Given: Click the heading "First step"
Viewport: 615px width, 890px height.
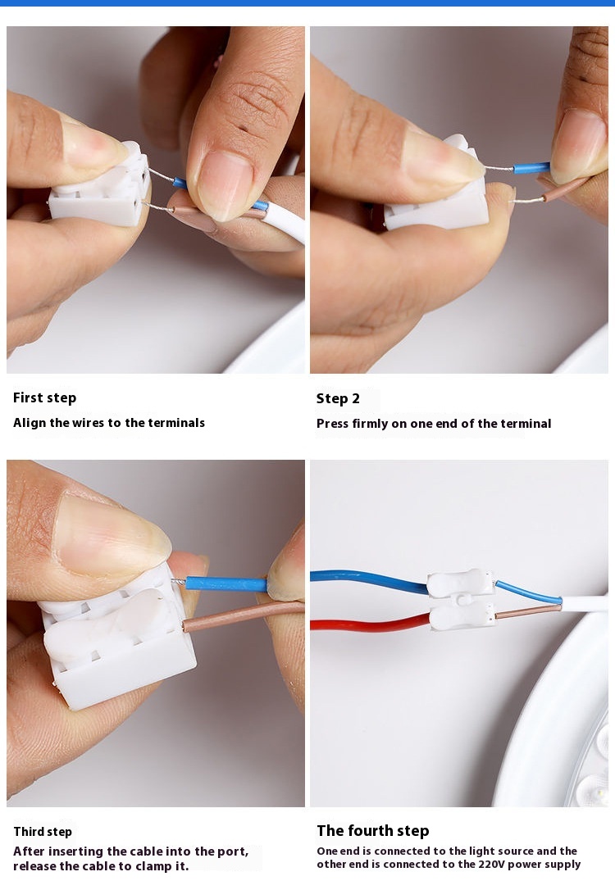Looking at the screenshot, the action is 45,398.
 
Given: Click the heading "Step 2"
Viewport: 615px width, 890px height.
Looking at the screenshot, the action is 338,398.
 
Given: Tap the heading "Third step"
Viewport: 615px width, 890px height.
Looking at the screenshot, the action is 43,832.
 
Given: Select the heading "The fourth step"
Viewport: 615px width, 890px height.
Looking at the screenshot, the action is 373,831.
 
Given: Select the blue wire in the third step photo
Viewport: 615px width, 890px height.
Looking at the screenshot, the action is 226,584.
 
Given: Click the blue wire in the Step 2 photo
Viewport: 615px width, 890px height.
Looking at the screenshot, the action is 531,167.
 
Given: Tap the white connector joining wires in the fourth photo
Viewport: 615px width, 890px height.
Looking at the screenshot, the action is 461,600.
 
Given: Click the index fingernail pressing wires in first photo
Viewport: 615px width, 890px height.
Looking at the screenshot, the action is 225,184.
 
